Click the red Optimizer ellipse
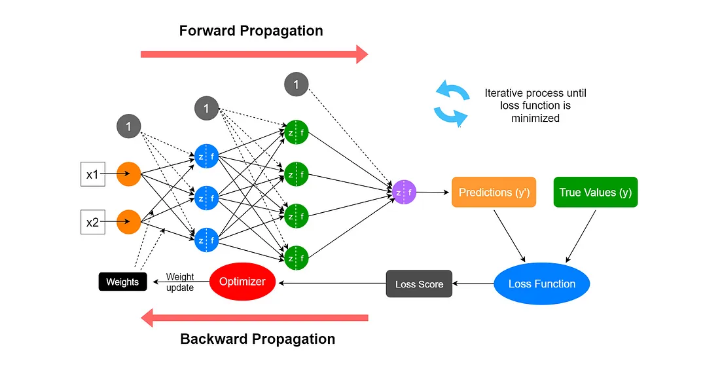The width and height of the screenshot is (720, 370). pos(242,282)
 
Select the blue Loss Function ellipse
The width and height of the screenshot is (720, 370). pos(541,284)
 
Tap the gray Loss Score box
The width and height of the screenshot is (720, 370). pos(419,284)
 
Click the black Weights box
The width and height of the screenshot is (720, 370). pos(122,282)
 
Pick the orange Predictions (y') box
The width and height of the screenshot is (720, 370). pos(494,193)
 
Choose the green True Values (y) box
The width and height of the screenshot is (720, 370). pos(596,193)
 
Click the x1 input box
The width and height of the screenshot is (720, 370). pos(93,174)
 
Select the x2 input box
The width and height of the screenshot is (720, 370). pos(93,223)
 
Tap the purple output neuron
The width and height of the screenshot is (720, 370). pos(404,193)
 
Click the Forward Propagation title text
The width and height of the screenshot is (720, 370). pos(251,31)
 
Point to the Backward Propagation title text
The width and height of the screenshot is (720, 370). pos(257,339)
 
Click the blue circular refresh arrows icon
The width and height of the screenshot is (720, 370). pos(452,102)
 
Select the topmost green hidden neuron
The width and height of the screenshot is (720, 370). pos(296,132)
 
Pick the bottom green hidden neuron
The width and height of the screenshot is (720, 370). pos(296,257)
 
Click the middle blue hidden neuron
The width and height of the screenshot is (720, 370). pos(206,198)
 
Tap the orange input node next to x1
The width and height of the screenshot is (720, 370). pos(129,174)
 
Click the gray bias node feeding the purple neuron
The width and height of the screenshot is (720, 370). pos(296,84)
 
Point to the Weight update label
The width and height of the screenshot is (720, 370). pos(180,282)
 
